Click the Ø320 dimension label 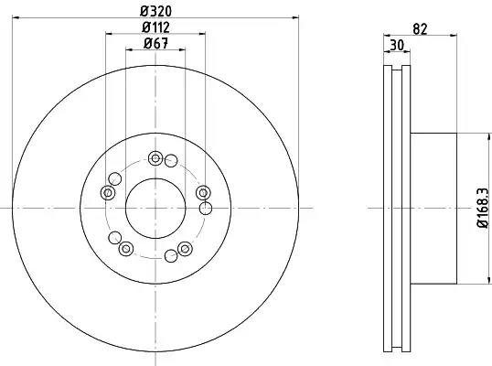pos(156,12)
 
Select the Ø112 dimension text pos(155,27)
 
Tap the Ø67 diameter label pos(156,44)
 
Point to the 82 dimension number pos(420,29)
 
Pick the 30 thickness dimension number pos(397,45)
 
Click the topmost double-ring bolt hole pos(155,158)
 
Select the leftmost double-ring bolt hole pos(108,192)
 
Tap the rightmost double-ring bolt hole pos(203,192)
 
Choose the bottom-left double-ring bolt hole pos(126,249)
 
